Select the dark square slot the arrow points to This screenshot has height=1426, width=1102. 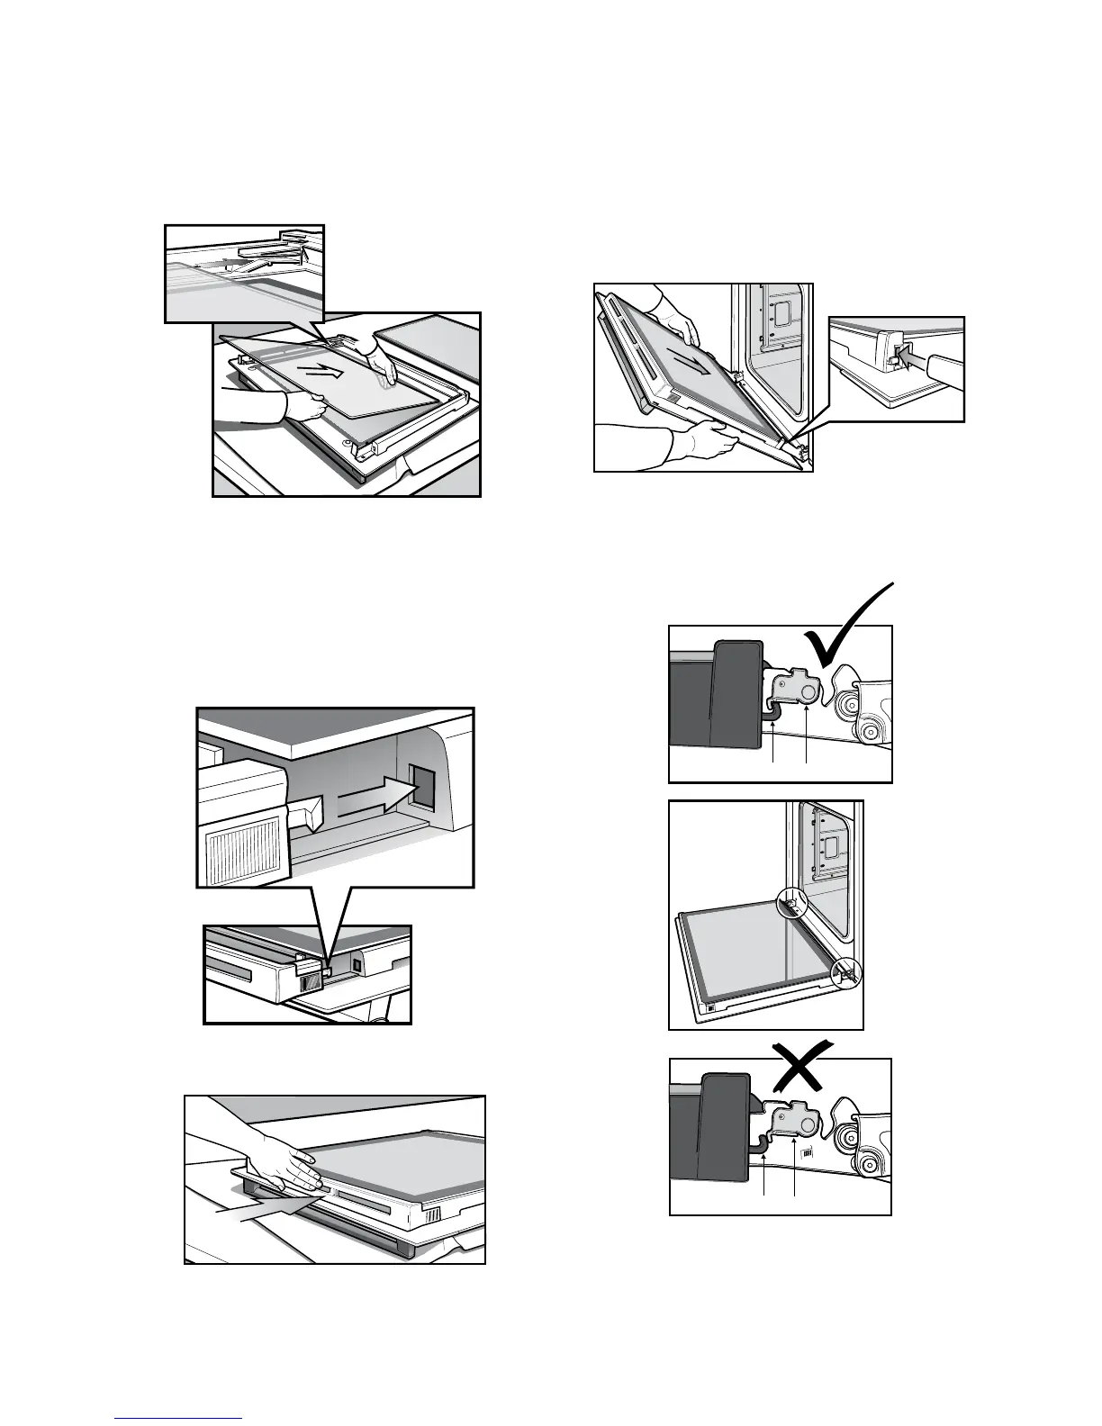(x=420, y=786)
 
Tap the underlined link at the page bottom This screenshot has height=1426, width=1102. (x=179, y=1418)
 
